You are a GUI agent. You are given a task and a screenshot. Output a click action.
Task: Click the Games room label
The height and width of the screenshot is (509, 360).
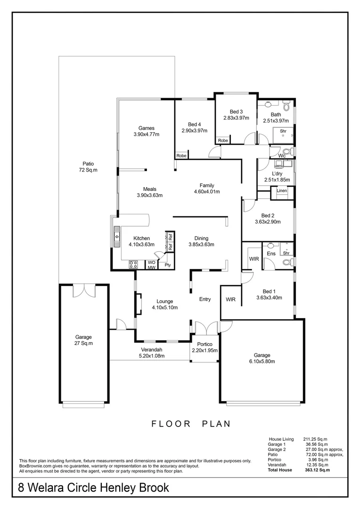(x=147, y=128)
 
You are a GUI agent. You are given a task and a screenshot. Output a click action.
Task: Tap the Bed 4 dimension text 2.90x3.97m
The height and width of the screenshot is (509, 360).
(x=195, y=131)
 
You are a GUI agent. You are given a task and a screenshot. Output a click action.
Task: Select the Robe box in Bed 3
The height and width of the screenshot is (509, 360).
(x=223, y=140)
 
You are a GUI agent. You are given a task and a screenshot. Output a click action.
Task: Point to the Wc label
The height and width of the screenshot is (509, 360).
(x=282, y=156)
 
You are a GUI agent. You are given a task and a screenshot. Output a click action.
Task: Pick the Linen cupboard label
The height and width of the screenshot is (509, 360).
(x=282, y=191)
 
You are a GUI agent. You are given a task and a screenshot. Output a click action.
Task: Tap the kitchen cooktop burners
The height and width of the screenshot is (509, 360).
(x=133, y=265)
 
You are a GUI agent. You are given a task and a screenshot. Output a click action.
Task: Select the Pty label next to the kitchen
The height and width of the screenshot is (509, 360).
(x=167, y=265)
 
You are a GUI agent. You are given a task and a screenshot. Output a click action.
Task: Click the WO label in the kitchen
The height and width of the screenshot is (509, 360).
(x=152, y=263)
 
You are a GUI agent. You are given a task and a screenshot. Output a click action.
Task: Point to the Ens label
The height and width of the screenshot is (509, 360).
(x=271, y=254)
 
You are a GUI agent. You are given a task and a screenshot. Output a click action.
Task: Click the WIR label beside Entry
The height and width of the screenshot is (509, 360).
(x=230, y=299)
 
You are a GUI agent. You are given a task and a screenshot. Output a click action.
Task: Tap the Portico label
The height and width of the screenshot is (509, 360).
(x=205, y=344)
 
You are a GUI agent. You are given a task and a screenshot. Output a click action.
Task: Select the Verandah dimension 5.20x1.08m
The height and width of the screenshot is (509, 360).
(x=152, y=356)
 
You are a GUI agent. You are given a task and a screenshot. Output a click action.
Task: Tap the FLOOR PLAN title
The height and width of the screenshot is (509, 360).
(x=191, y=423)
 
